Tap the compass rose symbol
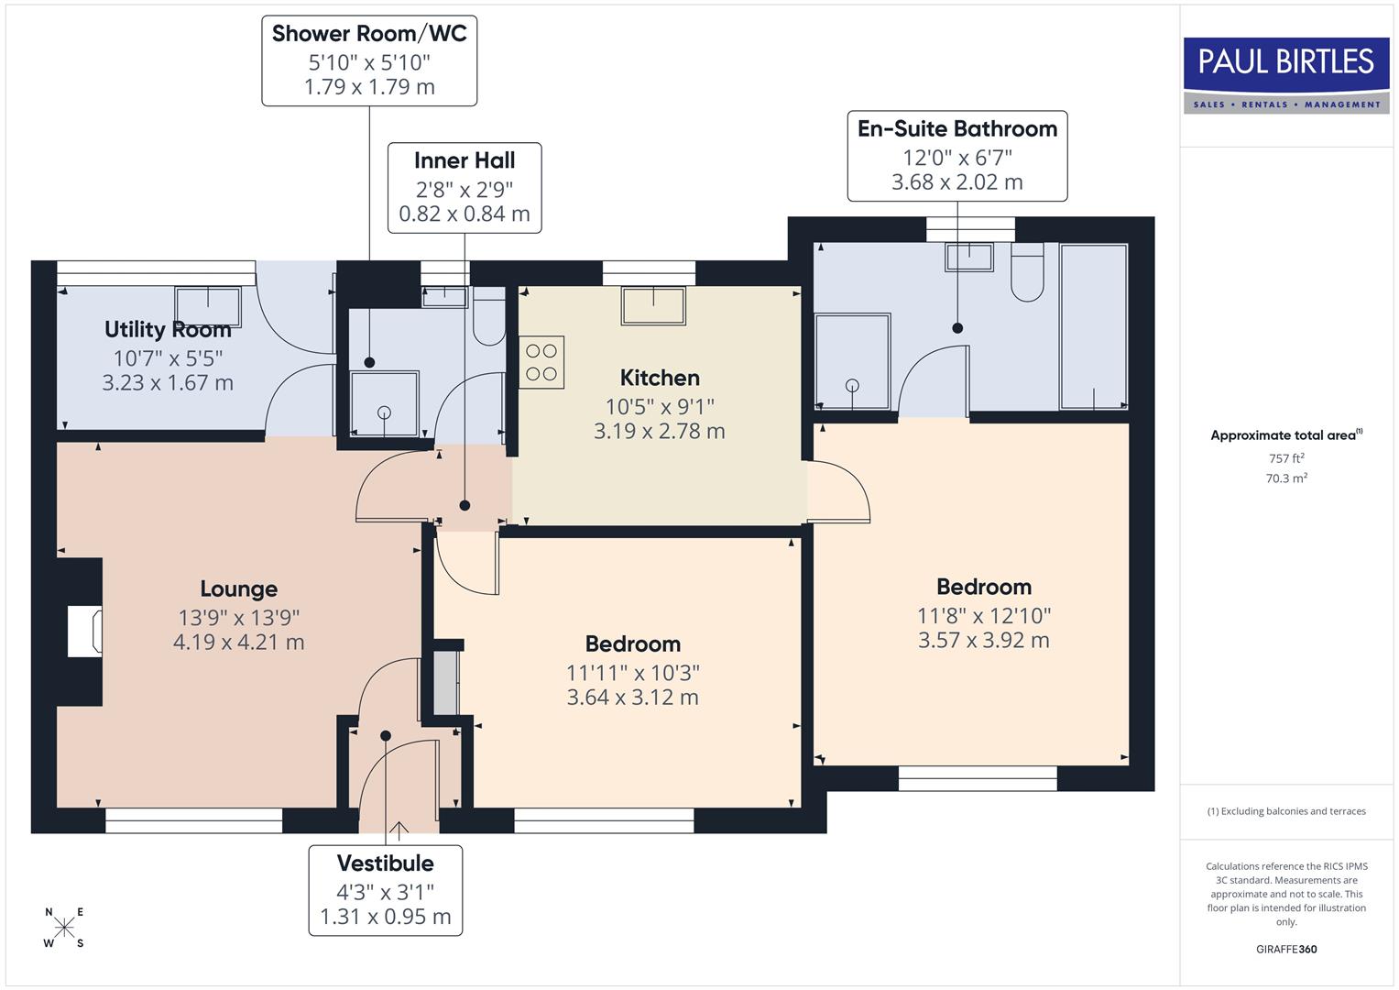pos(64,927)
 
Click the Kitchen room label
pos(660,378)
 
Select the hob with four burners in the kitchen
pos(541,362)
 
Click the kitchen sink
pos(653,305)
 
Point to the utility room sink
pos(208,306)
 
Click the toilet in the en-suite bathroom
pos(1027,272)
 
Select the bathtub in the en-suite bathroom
pos(1094,326)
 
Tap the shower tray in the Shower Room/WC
pos(384,403)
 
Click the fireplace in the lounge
pos(84,631)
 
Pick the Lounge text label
pos(238,588)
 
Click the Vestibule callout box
pos(385,890)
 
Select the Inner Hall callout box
pos(465,188)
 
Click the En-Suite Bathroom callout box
pos(956,155)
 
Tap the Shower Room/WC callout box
pos(369,60)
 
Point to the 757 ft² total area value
pos(1286,458)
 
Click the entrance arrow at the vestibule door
pos(399,831)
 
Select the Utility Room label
pos(168,329)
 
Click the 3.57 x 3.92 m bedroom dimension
pos(983,641)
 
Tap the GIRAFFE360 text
pos(1286,949)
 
